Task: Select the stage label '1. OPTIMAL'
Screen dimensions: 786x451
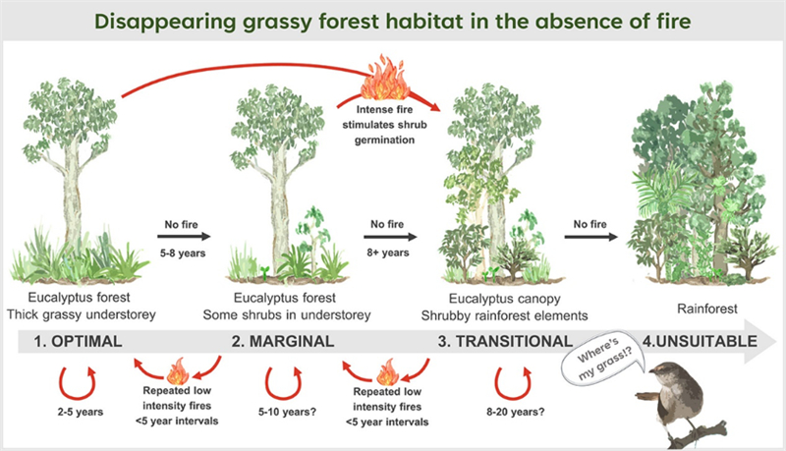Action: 78,341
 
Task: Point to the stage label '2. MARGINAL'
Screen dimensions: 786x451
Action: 283,341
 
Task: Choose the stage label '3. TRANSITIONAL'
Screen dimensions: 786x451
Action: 505,341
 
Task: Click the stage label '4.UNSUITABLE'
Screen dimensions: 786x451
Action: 700,341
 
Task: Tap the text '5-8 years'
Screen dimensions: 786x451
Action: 183,254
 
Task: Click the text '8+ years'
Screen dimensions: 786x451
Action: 388,253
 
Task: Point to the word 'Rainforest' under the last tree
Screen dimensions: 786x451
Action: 706,309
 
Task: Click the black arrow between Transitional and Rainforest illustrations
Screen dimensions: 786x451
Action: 591,237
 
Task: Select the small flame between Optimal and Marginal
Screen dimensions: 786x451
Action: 178,371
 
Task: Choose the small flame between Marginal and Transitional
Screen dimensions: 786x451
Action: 387,372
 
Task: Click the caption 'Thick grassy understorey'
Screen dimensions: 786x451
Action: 82,314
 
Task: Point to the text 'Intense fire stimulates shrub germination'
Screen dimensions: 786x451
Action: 384,125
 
